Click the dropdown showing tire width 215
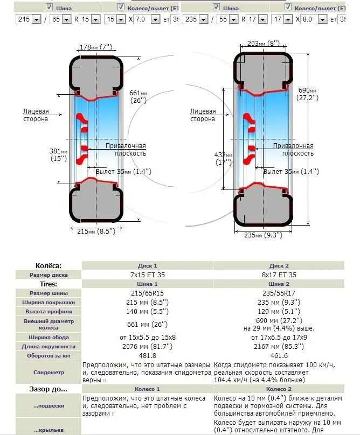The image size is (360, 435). (x=29, y=19)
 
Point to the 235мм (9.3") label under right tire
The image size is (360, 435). (x=263, y=235)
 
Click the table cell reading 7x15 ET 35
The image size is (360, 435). (x=148, y=275)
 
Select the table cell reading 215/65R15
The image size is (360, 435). (x=148, y=293)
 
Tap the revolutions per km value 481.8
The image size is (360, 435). (x=148, y=356)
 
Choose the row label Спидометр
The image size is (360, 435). (x=49, y=372)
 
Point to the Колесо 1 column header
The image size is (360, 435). (x=148, y=389)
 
